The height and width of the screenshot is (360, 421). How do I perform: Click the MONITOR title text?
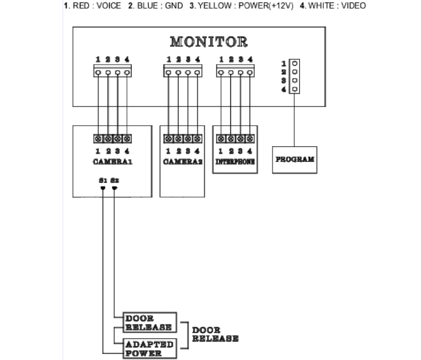(209, 42)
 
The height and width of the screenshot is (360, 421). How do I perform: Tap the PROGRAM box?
(294, 159)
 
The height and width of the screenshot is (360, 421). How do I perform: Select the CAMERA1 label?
(113, 162)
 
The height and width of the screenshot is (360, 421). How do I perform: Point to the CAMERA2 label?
(183, 162)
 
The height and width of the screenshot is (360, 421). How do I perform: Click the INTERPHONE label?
(235, 162)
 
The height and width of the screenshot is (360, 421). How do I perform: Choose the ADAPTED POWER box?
(150, 348)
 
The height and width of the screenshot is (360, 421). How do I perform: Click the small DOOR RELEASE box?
(150, 322)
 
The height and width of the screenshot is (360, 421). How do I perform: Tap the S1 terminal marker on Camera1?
(103, 188)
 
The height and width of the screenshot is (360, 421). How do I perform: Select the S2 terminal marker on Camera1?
(114, 188)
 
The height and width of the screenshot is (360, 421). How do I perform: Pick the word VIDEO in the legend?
(353, 6)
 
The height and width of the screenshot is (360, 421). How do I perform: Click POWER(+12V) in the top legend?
(265, 6)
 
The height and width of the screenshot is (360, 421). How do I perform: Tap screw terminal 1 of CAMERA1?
(98, 139)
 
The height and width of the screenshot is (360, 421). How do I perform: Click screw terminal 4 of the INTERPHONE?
(250, 139)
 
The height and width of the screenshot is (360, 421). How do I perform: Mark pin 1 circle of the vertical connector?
(295, 63)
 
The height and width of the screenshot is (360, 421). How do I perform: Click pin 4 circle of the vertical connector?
(295, 89)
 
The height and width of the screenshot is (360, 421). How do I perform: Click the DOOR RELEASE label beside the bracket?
(215, 334)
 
